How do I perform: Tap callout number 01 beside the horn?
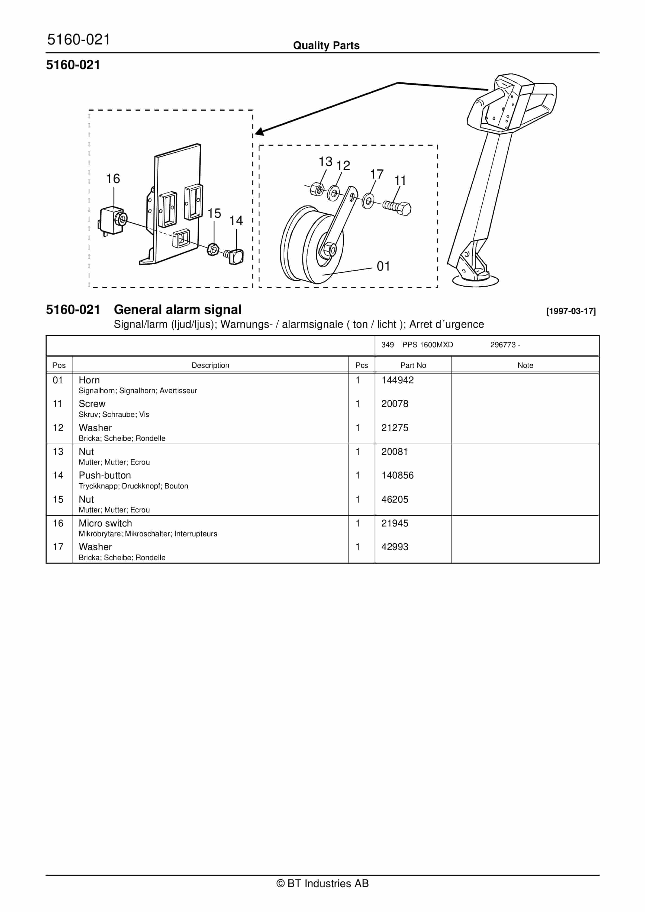pos(383,266)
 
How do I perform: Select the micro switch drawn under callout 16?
pos(112,220)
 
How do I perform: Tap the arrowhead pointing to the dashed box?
pos(259,132)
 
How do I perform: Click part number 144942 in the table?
pos(397,380)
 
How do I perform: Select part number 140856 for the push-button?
pos(397,476)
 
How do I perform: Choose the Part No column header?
pos(413,365)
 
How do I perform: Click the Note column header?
pos(525,365)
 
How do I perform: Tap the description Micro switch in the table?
pos(105,523)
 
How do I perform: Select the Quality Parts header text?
pos(326,46)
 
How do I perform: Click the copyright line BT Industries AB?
pos(322,884)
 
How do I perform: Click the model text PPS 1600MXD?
pos(427,345)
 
